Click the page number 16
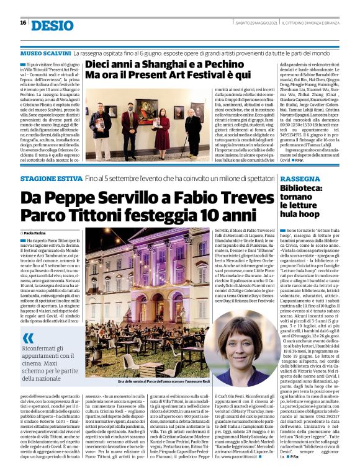(x=23, y=23)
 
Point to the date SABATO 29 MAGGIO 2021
(x=253, y=24)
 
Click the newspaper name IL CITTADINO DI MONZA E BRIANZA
(x=313, y=24)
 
